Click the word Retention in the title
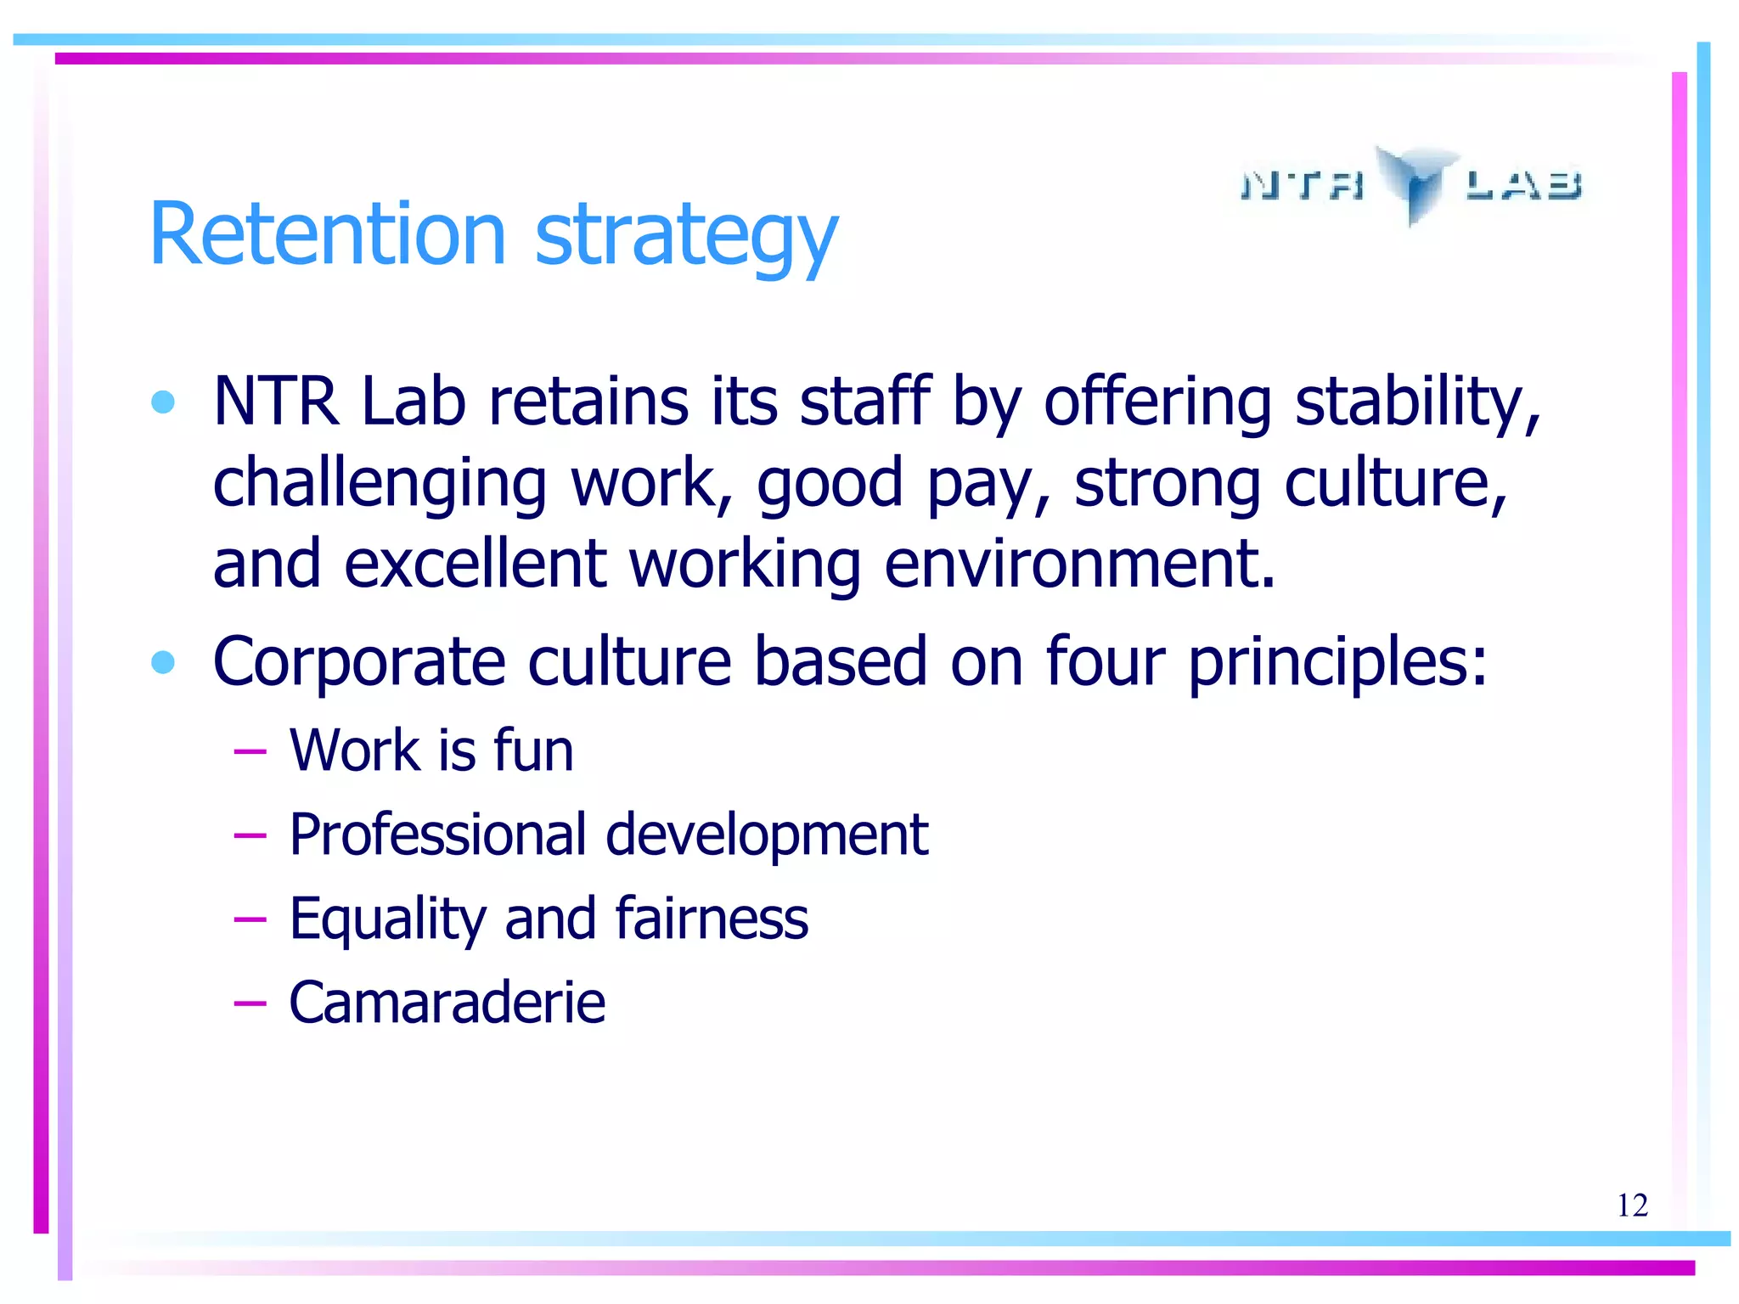click(328, 233)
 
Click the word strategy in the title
click(686, 238)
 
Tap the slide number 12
click(1632, 1205)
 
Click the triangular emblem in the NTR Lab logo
click(1415, 183)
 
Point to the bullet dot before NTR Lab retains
click(163, 402)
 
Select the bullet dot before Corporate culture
click(163, 662)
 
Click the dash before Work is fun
click(250, 751)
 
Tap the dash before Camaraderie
click(250, 1003)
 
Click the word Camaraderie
click(447, 1003)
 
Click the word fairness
click(712, 919)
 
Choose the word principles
click(1337, 663)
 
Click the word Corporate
click(359, 662)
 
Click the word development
click(767, 835)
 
